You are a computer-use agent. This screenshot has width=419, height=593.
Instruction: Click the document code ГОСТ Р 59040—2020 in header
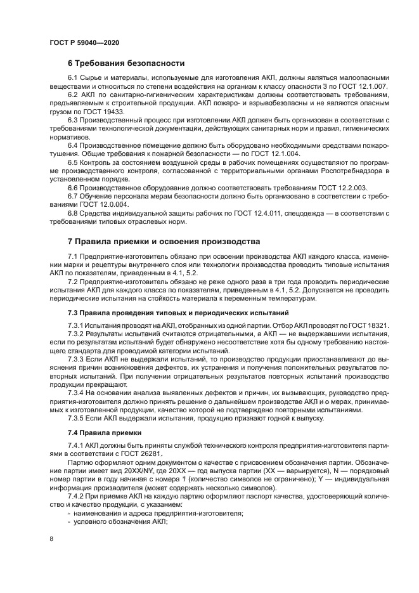click(x=84, y=41)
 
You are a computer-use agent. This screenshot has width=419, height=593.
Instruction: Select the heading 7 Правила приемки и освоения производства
click(x=164, y=242)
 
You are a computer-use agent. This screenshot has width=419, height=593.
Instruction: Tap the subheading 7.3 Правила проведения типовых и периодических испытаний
click(x=178, y=313)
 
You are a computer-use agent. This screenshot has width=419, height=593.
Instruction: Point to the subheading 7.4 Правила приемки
click(x=105, y=432)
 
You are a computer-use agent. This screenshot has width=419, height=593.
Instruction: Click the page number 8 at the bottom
click(x=50, y=538)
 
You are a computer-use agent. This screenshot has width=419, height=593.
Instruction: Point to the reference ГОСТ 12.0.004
click(x=101, y=204)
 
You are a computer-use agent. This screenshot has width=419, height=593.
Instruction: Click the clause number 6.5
click(x=74, y=162)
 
